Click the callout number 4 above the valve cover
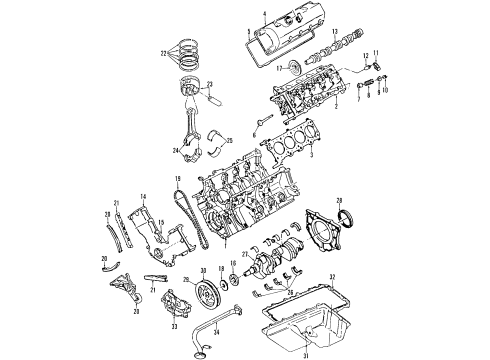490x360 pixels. pyautogui.click(x=264, y=13)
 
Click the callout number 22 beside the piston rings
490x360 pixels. pyautogui.click(x=162, y=53)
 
